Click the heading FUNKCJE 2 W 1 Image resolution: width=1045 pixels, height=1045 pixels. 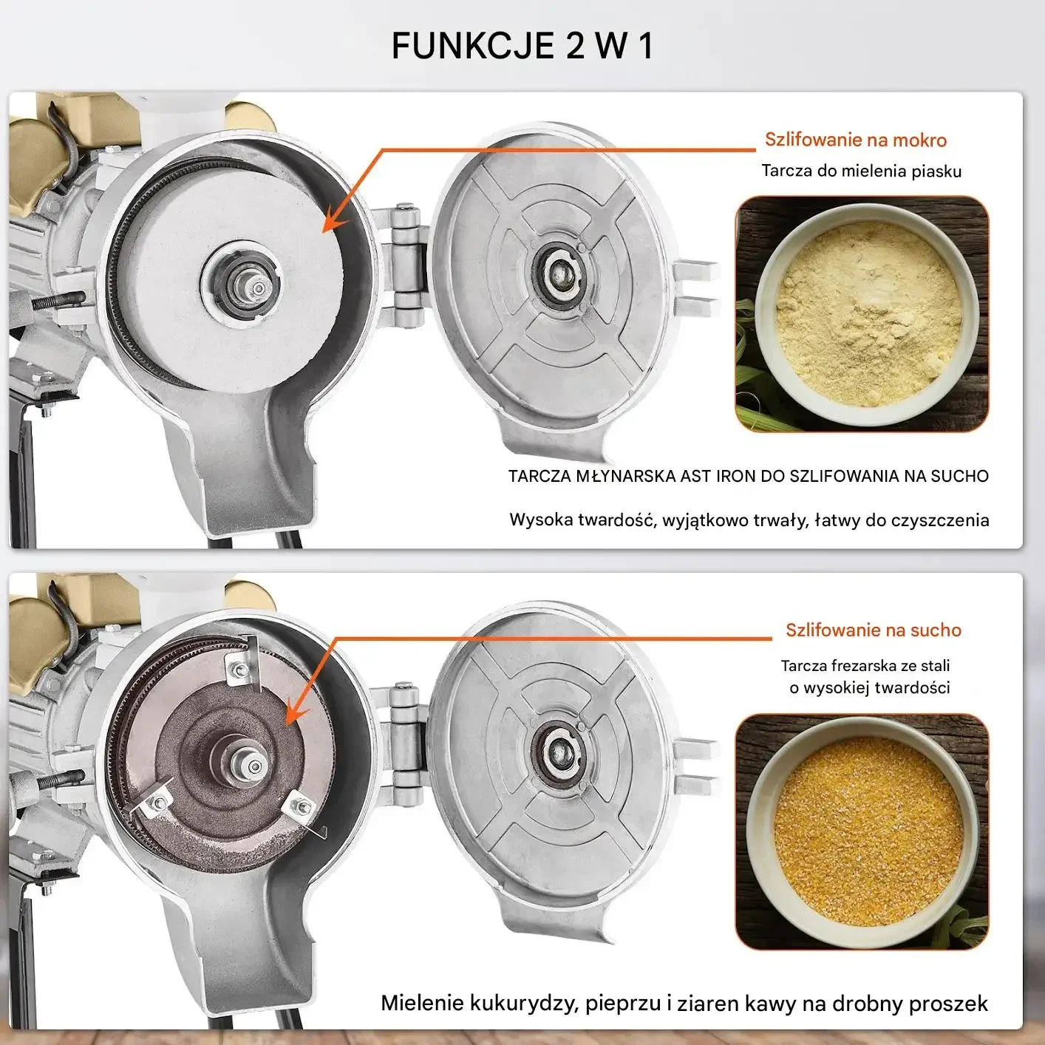tap(522, 46)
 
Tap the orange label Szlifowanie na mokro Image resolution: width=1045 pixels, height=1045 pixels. tap(856, 140)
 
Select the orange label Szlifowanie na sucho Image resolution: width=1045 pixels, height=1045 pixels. tap(873, 630)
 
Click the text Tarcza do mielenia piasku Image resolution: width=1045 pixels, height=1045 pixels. tap(861, 171)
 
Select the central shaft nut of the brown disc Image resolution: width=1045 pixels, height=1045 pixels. tap(253, 766)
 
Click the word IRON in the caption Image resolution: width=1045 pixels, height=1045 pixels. tap(736, 476)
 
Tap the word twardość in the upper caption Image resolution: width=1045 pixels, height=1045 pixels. tap(616, 520)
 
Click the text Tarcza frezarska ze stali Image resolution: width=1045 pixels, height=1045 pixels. tap(865, 665)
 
